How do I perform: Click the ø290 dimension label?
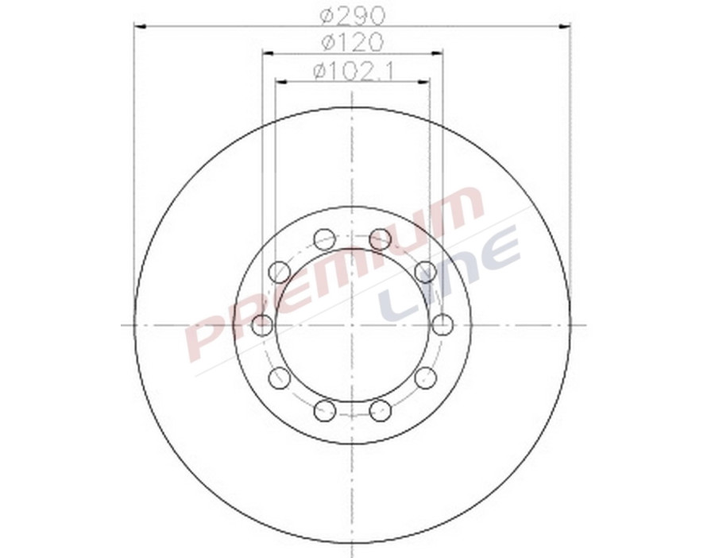pos(352,14)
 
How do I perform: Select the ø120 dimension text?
pos(352,41)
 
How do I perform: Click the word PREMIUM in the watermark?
pos(334,270)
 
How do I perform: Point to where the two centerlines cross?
pos(352,324)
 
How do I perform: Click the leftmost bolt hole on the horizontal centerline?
pos(262,324)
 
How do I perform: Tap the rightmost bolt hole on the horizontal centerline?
pos(443,324)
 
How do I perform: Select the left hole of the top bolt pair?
pos(324,238)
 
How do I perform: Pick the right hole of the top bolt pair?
pos(381,238)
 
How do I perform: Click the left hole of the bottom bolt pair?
pos(324,410)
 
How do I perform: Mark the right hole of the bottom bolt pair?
pos(381,410)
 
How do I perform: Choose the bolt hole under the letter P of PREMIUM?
pos(279,378)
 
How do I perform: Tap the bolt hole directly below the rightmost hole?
pos(426,378)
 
